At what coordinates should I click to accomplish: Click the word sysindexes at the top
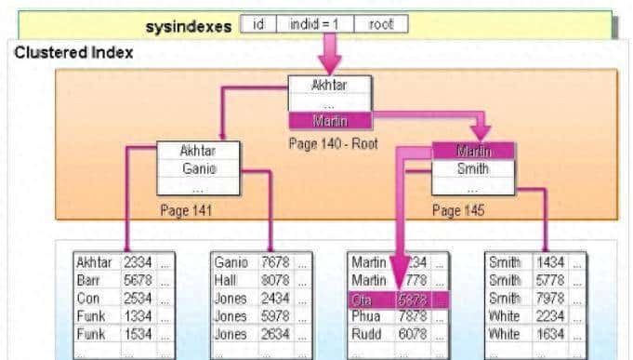click(189, 27)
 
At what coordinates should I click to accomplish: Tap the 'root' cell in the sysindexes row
click(381, 25)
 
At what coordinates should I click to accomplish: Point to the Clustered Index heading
click(73, 53)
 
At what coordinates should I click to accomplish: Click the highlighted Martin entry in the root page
click(330, 120)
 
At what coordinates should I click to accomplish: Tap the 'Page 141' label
click(186, 210)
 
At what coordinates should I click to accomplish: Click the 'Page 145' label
click(459, 210)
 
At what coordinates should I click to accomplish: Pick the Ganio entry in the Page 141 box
click(197, 168)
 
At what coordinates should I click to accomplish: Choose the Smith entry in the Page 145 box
click(472, 169)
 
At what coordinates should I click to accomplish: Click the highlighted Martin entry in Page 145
click(472, 151)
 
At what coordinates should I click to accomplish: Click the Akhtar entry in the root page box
click(330, 86)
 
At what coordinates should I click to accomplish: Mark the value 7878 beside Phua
click(414, 316)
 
